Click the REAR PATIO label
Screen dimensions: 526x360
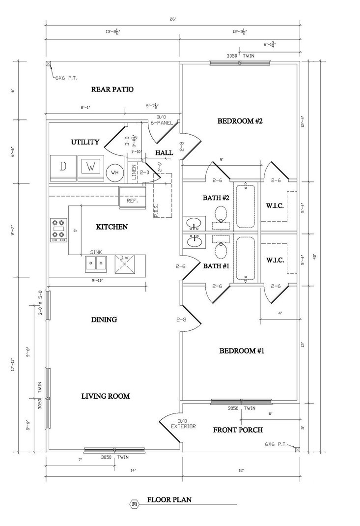point(112,89)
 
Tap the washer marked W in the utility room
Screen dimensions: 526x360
point(90,166)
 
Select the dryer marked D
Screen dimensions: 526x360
point(63,166)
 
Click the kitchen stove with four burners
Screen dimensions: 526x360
point(58,230)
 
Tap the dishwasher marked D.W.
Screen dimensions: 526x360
point(125,263)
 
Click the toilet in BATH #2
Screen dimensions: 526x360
point(222,214)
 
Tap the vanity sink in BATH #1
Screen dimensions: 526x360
point(195,241)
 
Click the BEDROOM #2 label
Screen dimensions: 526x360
point(241,121)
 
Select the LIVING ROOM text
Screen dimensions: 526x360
point(105,396)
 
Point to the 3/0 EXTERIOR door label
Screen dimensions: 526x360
point(183,424)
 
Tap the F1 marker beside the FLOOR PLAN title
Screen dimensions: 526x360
point(133,504)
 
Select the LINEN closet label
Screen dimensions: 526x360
point(133,172)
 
